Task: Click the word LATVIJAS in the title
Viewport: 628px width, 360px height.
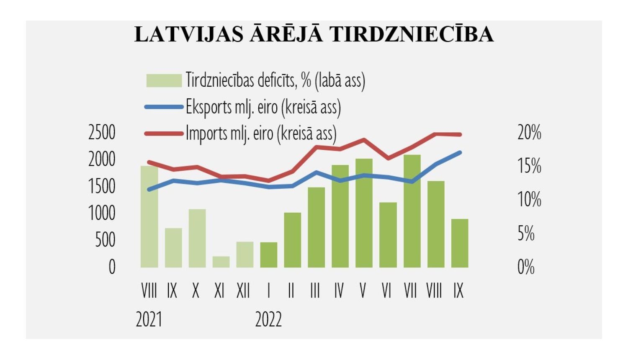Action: (x=189, y=35)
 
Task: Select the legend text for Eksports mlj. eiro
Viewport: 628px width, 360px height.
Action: (x=263, y=107)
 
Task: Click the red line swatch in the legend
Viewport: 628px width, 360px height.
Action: (x=164, y=134)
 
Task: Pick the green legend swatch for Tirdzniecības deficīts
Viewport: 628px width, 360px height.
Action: (x=164, y=80)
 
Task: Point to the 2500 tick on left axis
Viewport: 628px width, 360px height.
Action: (x=102, y=133)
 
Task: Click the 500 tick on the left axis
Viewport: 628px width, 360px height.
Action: (x=105, y=240)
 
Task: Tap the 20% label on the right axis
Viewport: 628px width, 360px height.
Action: (x=529, y=133)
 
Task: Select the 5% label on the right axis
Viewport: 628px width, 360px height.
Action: (x=526, y=234)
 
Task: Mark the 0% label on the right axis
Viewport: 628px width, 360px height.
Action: (x=526, y=267)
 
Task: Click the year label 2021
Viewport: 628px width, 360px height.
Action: (x=149, y=320)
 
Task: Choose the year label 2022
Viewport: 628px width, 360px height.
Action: (x=268, y=320)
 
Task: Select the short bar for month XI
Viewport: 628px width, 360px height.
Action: (x=221, y=262)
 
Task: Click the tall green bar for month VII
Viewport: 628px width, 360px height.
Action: (x=412, y=211)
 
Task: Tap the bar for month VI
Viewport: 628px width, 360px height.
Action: (x=388, y=235)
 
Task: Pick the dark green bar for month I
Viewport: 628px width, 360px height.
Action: (x=268, y=255)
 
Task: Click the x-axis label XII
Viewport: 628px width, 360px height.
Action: (x=243, y=291)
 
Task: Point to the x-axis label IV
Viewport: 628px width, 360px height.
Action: (x=339, y=291)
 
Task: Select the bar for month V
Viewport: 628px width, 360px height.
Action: (x=364, y=213)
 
